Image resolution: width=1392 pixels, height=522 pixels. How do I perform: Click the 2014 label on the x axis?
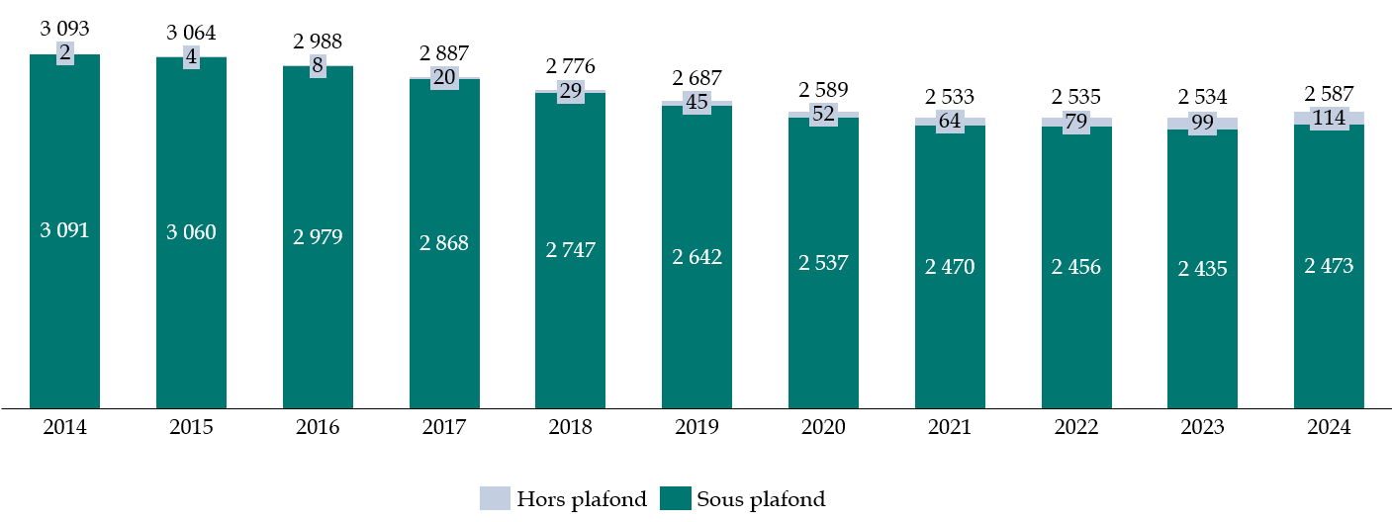(64, 428)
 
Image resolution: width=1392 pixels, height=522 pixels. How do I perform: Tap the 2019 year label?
(696, 428)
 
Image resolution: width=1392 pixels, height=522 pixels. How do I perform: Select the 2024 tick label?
(1329, 428)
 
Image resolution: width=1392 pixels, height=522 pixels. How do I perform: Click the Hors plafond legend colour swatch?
(494, 498)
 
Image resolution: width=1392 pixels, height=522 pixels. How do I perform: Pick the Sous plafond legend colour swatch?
(676, 498)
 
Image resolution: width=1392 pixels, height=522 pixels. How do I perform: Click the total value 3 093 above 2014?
(64, 30)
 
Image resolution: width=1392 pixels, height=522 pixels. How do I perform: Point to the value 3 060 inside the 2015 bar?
(191, 232)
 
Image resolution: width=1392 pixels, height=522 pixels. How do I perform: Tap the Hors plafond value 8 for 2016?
(318, 66)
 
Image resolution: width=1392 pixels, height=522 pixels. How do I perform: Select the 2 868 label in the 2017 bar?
(444, 243)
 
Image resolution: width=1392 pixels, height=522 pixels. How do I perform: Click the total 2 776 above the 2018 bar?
(571, 66)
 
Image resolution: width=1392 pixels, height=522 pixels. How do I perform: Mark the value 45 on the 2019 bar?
(696, 102)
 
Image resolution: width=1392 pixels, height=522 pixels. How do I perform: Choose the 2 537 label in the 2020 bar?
(823, 263)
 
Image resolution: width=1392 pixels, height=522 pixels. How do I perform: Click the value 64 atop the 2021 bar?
(950, 122)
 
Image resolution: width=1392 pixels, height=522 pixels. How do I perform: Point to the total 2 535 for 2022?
(1076, 97)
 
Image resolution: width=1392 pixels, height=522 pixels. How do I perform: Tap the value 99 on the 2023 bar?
(1202, 124)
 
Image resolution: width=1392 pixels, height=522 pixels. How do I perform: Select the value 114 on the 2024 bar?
(1329, 118)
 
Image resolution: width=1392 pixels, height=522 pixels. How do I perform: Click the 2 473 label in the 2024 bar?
(1329, 266)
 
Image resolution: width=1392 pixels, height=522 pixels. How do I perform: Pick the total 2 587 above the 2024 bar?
(1329, 94)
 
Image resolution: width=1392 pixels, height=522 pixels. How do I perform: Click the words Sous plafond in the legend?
(760, 499)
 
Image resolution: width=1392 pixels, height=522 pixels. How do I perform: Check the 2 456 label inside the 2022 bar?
(1076, 267)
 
